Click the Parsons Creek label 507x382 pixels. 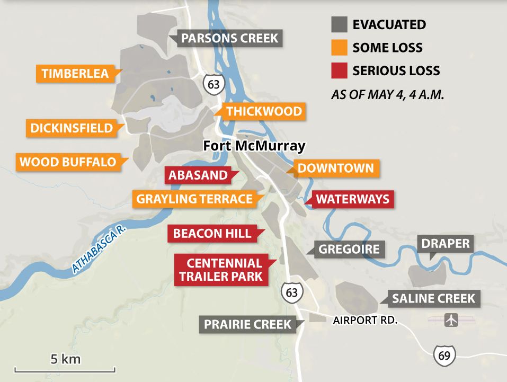pyautogui.click(x=229, y=39)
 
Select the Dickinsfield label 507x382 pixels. pyautogui.click(x=72, y=128)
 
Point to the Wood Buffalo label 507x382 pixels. pyautogui.click(x=67, y=162)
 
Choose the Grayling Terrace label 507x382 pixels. pyautogui.click(x=194, y=199)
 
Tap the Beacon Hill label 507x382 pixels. pyautogui.click(x=212, y=234)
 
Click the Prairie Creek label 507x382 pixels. pyautogui.click(x=247, y=324)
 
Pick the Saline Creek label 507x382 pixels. pyautogui.click(x=433, y=299)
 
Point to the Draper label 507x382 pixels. pyautogui.click(x=446, y=244)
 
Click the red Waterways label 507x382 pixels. pyautogui.click(x=353, y=199)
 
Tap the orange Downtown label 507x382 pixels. pyautogui.click(x=335, y=168)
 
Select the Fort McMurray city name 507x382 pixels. pyautogui.click(x=254, y=146)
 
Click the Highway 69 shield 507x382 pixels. pyautogui.click(x=444, y=355)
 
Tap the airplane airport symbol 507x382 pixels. pyautogui.click(x=451, y=321)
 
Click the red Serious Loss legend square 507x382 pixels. pyautogui.click(x=339, y=70)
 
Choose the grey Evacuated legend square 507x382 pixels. pyautogui.click(x=339, y=24)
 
